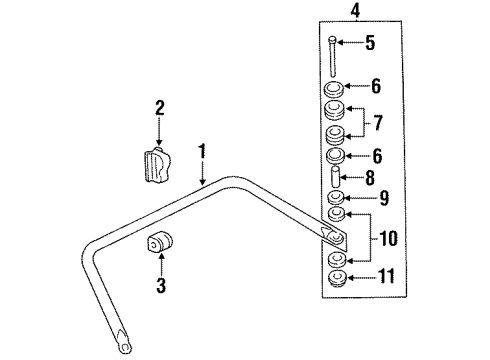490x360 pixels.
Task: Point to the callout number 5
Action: (369, 42)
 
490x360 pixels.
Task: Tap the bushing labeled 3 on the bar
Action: (159, 245)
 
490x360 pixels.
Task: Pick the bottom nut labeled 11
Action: (338, 279)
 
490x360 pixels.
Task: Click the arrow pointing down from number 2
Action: (159, 131)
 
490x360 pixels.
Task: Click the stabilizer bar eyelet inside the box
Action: (335, 239)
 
